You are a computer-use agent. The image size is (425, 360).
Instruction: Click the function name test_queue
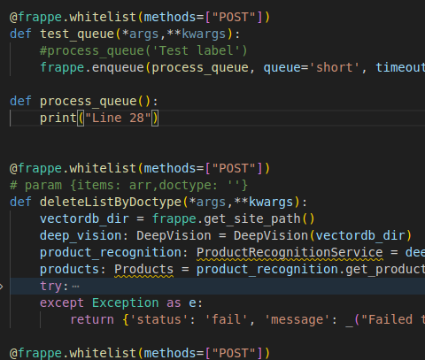(x=77, y=34)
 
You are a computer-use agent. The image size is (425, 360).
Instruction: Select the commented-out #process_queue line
(x=143, y=50)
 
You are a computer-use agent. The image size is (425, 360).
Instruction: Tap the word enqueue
(x=118, y=68)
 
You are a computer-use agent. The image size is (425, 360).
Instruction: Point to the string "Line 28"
(x=118, y=119)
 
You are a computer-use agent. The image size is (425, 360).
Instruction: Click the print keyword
(x=58, y=119)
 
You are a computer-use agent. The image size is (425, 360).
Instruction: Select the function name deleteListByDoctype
(x=111, y=203)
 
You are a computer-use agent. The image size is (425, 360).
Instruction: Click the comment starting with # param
(x=128, y=186)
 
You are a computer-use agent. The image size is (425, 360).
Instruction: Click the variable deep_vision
(x=81, y=236)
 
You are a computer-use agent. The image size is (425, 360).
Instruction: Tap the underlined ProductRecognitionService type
(x=290, y=253)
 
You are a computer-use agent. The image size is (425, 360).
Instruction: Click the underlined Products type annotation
(x=144, y=270)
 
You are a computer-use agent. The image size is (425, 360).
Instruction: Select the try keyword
(x=51, y=287)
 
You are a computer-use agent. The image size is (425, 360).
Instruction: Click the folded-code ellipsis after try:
(x=75, y=287)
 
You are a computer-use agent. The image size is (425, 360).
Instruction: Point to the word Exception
(x=126, y=303)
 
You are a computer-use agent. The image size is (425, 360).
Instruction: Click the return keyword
(x=92, y=320)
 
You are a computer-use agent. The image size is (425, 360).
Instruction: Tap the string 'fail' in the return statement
(x=227, y=320)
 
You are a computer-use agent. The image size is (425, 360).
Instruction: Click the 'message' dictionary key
(x=297, y=320)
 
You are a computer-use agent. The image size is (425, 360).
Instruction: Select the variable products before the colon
(x=70, y=270)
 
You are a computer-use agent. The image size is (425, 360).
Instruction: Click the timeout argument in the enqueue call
(x=400, y=68)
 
